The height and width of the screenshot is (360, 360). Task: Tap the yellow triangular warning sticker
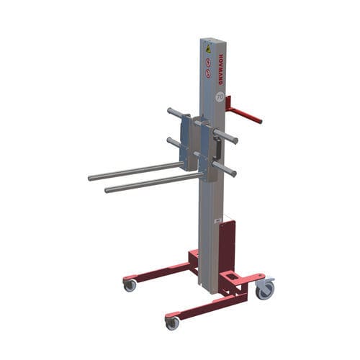pyautogui.click(x=208, y=49)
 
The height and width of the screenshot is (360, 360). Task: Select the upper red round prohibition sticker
pyautogui.click(x=209, y=61)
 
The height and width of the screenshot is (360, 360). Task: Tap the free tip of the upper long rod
pyautogui.click(x=91, y=178)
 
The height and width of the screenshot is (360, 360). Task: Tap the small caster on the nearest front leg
pyautogui.click(x=172, y=323)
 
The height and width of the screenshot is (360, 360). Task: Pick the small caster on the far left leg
pyautogui.click(x=130, y=285)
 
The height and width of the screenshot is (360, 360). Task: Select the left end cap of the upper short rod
pyautogui.click(x=171, y=112)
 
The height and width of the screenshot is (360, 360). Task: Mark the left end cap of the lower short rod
pyautogui.click(x=170, y=142)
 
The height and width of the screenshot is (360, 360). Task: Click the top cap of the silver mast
pyautogui.click(x=208, y=40)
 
